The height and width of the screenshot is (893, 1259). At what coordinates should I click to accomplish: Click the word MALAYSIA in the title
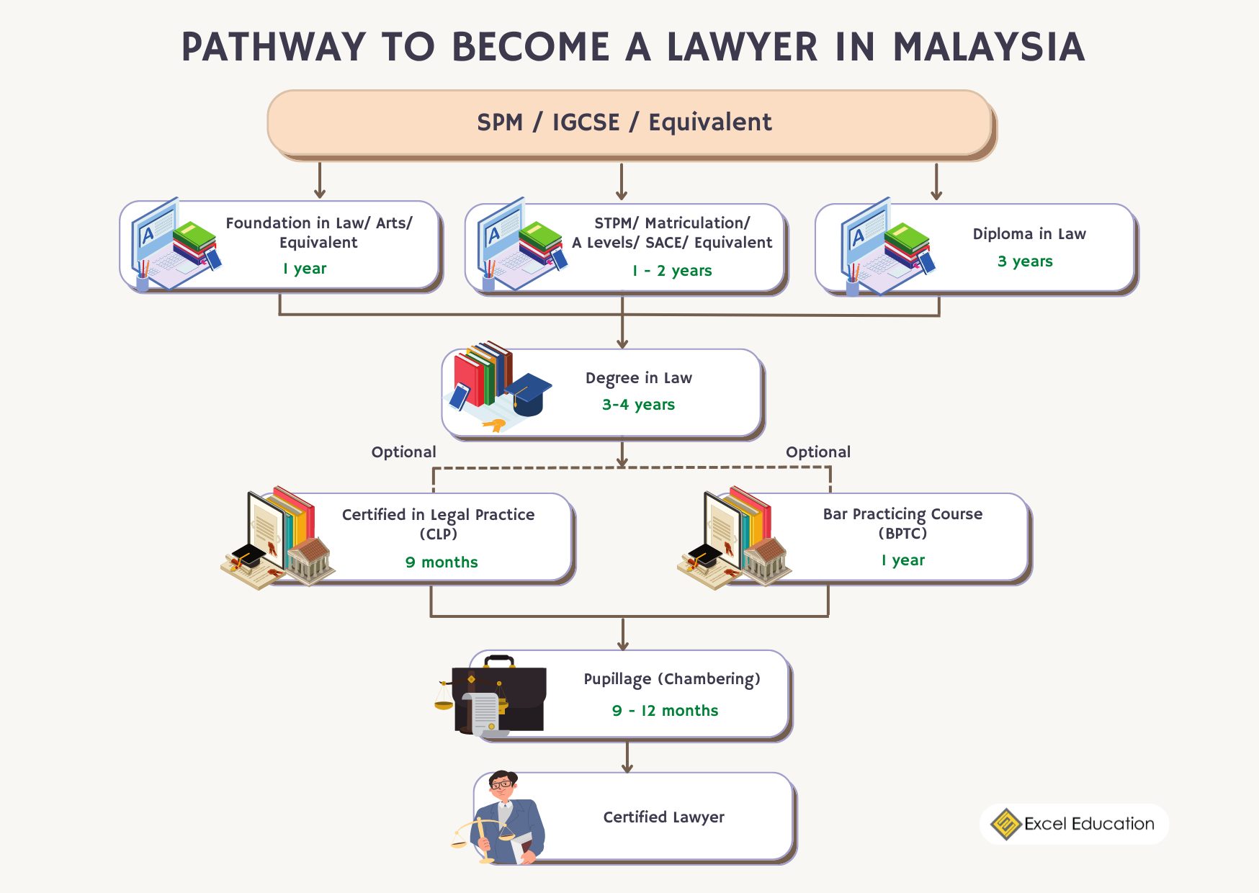988,48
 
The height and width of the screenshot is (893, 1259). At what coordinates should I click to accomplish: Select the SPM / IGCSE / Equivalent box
624,122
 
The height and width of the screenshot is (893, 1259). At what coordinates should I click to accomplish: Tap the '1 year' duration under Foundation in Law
305,269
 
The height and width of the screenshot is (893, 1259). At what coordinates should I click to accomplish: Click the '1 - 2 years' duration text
672,271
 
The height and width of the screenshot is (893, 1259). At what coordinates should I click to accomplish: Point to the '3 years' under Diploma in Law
1024,261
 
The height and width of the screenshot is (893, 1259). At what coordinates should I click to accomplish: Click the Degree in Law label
638,378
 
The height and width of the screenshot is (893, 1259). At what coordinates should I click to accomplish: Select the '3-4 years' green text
638,405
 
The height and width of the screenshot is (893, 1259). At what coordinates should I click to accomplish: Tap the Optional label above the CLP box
403,452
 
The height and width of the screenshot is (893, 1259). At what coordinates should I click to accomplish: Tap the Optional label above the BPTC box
817,452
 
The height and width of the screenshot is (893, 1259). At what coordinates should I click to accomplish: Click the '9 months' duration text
442,562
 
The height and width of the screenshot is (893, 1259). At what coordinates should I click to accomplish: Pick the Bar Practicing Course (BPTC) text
902,523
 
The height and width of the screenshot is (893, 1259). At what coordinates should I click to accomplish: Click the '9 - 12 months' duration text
665,711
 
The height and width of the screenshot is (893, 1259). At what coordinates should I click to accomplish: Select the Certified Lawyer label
663,817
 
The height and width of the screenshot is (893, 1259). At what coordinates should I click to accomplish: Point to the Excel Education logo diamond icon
1005,824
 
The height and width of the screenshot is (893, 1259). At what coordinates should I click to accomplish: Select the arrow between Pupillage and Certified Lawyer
627,757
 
